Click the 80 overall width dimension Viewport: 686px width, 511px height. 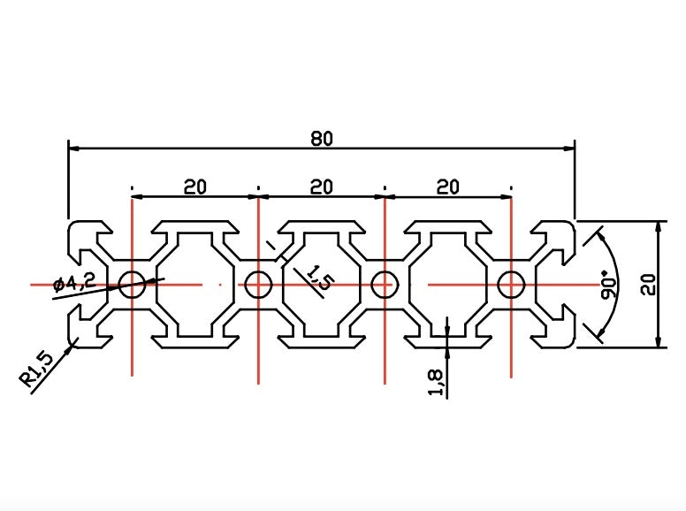(322, 139)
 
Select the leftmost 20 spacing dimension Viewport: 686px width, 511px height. (194, 187)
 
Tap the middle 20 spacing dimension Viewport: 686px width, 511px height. (322, 187)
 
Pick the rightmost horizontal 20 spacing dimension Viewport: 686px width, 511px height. (448, 187)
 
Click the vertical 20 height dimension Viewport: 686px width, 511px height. (648, 285)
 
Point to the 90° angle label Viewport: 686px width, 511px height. (608, 286)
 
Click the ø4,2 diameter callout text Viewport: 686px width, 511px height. (74, 283)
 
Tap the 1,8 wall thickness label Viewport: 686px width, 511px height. (436, 383)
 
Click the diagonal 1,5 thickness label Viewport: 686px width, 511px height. (318, 278)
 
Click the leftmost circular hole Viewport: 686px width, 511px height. (132, 285)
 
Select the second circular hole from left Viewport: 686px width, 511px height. (258, 285)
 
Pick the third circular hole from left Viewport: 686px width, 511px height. (385, 285)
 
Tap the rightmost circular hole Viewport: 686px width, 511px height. (511, 285)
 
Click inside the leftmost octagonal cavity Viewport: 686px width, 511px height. (195, 286)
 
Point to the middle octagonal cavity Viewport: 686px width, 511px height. (322, 286)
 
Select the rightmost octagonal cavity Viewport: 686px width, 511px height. (448, 286)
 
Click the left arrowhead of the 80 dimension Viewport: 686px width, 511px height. (73, 149)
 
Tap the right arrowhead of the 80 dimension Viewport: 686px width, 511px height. (569, 149)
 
